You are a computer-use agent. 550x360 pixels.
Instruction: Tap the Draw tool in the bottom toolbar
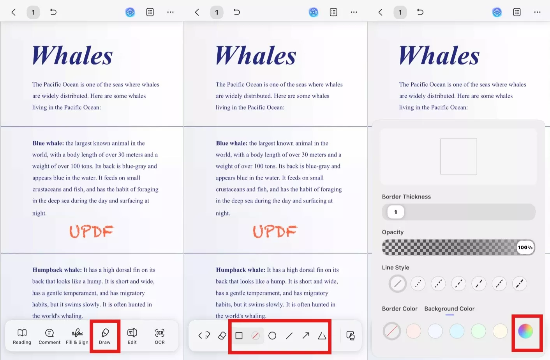(105, 336)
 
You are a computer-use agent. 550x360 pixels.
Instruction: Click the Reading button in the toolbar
(22, 336)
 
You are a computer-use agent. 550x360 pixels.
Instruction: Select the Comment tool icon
(49, 333)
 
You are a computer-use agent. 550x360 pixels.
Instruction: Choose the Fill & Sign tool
(77, 336)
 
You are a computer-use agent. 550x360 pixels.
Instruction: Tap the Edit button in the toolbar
(132, 336)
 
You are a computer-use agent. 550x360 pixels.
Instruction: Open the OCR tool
(160, 336)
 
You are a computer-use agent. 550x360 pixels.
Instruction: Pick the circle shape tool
(272, 335)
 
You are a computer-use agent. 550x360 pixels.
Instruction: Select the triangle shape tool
(322, 335)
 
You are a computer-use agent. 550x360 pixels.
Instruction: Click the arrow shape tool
(306, 335)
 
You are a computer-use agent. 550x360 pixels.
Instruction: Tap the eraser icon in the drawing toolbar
(222, 335)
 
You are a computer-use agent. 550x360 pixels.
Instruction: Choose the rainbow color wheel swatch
(525, 331)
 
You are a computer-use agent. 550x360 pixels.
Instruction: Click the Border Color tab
(400, 309)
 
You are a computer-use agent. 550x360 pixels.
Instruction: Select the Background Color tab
(450, 309)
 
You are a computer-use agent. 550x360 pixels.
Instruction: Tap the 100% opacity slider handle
(525, 248)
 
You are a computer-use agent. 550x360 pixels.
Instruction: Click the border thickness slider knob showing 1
(396, 212)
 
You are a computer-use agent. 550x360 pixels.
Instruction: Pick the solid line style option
(398, 284)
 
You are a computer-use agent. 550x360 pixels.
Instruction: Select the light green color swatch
(478, 331)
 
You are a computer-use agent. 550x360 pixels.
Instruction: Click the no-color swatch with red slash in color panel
(392, 331)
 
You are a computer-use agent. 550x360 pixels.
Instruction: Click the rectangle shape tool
(239, 335)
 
